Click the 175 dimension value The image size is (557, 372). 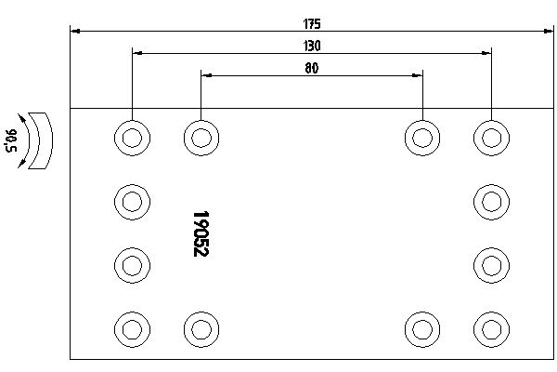(x=312, y=24)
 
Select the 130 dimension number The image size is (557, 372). (x=312, y=46)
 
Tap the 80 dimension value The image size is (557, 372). (x=312, y=68)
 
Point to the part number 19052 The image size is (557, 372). (x=201, y=233)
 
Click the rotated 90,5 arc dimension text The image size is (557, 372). (x=11, y=140)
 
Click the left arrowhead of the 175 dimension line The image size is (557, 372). (x=75, y=32)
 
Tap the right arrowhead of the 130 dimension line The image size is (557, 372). (x=486, y=53)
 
